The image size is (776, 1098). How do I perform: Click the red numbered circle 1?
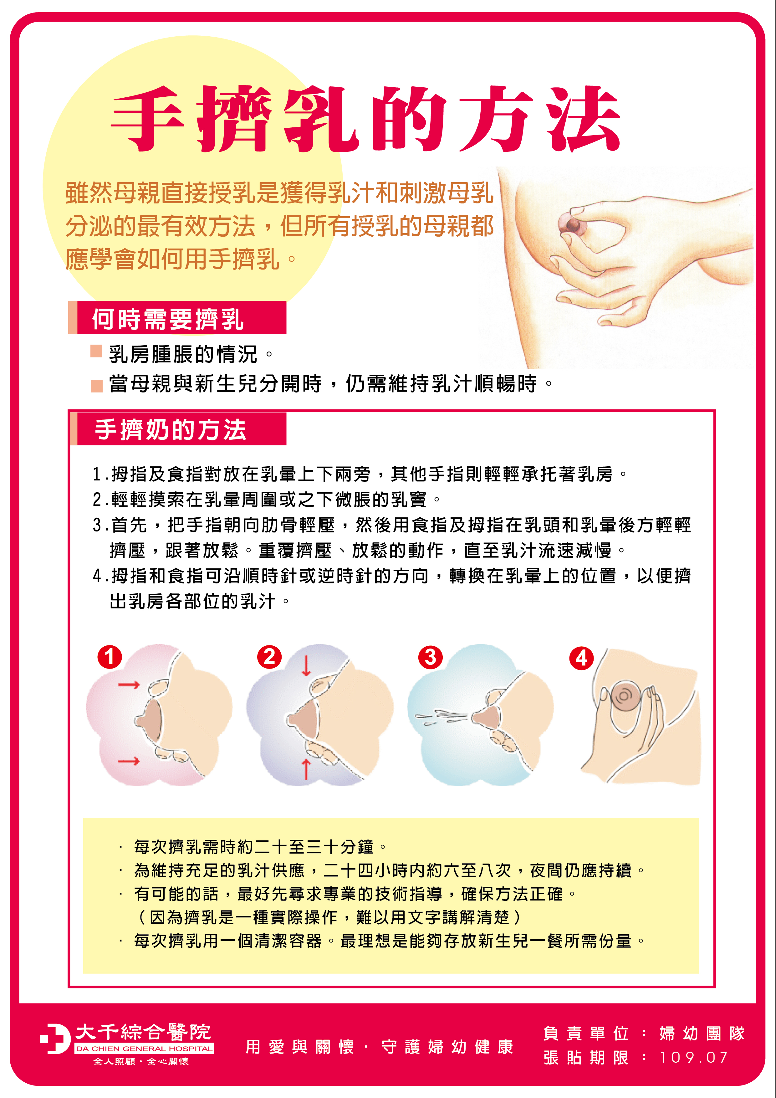(110, 657)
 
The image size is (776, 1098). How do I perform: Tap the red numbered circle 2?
(269, 657)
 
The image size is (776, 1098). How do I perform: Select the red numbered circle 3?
(430, 658)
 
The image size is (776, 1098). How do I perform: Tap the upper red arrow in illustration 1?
(129, 685)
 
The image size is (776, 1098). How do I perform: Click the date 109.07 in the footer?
(694, 1057)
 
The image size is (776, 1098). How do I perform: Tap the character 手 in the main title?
(147, 119)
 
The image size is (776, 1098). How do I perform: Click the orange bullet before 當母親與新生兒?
(97, 385)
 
